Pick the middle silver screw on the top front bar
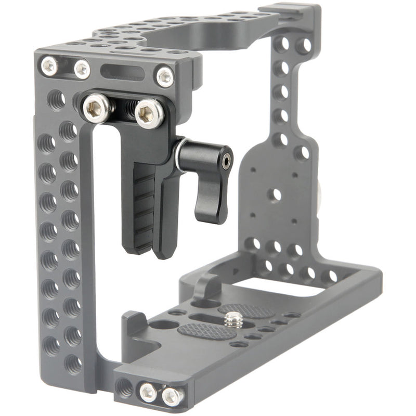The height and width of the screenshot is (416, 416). (x=82, y=69)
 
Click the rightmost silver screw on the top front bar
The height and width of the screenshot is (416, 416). (x=165, y=77)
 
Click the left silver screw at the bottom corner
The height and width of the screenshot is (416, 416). (x=148, y=391)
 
